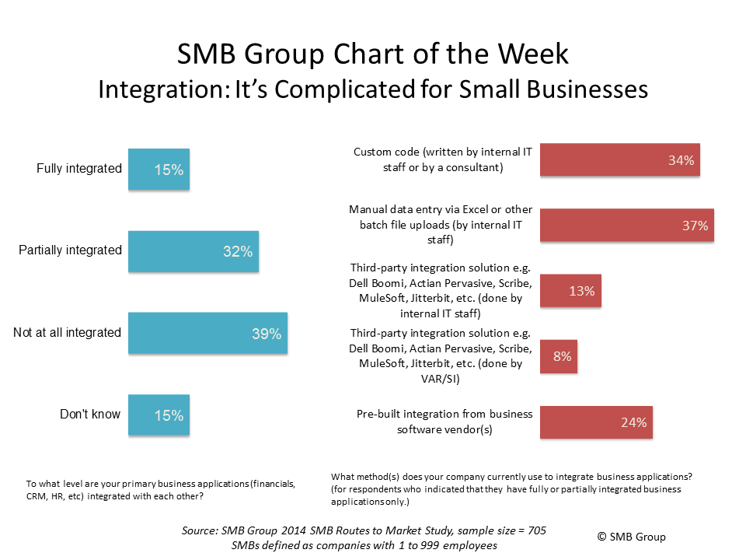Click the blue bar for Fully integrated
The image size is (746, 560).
159,169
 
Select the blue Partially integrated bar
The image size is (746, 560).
193,250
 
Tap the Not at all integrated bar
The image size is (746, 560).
207,333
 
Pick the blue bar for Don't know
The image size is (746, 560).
159,415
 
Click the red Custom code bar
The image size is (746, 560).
619,161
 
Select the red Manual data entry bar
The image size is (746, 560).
626,226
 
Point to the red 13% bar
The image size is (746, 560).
570,291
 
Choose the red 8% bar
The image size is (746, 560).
559,356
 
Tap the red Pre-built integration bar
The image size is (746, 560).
596,422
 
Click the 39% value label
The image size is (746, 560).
266,334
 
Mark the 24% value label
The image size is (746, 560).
633,423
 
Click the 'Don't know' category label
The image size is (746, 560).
90,415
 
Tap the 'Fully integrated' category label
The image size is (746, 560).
79,169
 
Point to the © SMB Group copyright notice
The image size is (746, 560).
631,537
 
